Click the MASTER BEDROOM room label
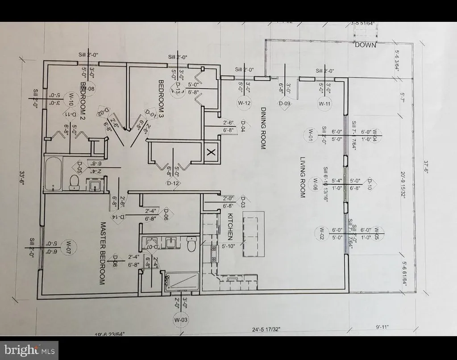(x=102, y=254)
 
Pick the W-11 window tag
(x=324, y=103)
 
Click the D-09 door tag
(x=284, y=103)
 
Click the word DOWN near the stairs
(x=366, y=45)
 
